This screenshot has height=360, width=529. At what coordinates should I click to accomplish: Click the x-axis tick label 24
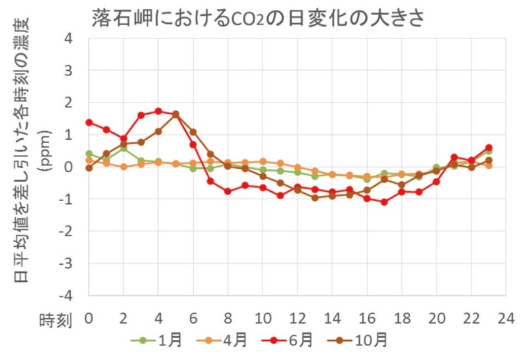coord(505,318)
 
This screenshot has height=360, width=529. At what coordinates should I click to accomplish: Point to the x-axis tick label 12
coord(297,318)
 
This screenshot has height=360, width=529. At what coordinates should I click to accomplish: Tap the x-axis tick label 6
coord(193,318)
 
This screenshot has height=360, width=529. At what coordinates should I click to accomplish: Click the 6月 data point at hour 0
coord(89,122)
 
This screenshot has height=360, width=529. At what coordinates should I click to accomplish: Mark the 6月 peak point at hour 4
coord(159,111)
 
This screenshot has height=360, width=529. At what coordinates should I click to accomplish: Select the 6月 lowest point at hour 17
coord(384,202)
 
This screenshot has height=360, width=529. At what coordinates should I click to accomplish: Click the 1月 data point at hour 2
coord(124,148)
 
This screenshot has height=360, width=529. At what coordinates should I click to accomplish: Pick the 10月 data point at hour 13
coord(315,198)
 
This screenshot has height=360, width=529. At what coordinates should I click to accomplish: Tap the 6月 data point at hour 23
coord(489,148)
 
